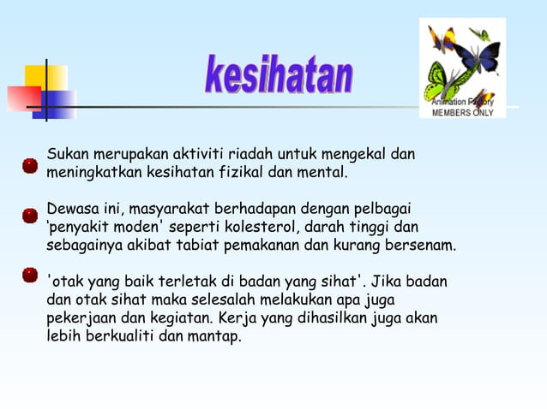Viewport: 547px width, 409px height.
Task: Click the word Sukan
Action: click(x=67, y=155)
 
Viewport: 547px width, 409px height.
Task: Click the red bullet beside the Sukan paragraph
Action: click(x=30, y=164)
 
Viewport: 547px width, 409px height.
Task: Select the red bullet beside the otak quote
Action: click(x=30, y=275)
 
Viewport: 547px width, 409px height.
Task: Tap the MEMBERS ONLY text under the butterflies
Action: click(x=462, y=112)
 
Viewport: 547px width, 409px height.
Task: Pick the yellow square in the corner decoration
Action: click(x=45, y=79)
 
